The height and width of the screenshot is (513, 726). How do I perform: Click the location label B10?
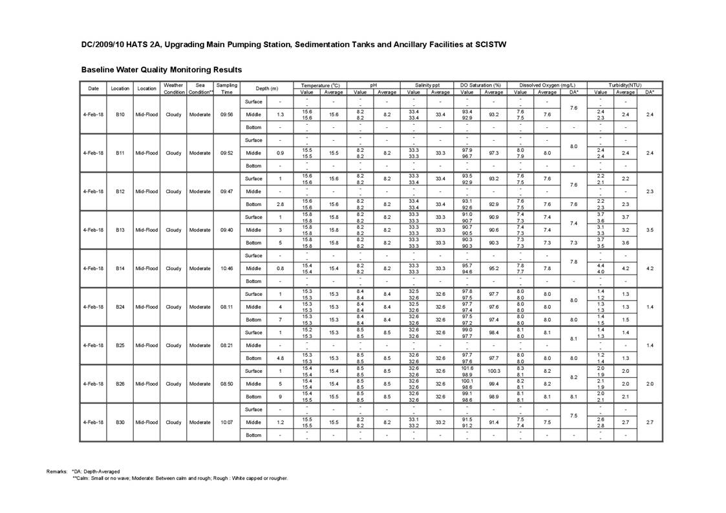[x=120, y=114]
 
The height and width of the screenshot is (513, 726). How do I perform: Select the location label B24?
[x=120, y=307]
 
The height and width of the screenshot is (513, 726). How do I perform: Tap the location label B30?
[x=120, y=423]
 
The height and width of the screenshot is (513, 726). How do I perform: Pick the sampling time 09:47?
[x=226, y=191]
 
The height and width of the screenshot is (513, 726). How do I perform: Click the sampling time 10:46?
[x=226, y=268]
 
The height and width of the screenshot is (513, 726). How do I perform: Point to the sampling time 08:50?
[x=226, y=384]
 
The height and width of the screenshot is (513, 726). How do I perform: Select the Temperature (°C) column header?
[x=320, y=85]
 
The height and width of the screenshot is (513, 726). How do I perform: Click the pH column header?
[x=373, y=85]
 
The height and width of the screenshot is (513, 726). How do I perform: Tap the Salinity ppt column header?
[x=427, y=85]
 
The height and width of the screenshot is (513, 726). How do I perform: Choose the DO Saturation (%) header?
[x=480, y=85]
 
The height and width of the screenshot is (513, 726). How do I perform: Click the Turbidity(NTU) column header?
[x=625, y=85]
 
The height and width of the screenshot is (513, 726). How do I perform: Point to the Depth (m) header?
[x=266, y=89]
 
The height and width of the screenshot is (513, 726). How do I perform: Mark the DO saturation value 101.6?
[x=467, y=368]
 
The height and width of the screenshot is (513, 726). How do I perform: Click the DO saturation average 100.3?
[x=494, y=371]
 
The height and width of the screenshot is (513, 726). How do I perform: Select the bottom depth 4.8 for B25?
[x=280, y=358]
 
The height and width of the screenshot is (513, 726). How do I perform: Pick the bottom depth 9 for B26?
[x=280, y=397]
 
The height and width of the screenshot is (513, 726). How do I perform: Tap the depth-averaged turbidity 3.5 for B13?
[x=650, y=230]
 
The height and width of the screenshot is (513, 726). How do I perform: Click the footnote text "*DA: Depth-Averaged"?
[x=96, y=472]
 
